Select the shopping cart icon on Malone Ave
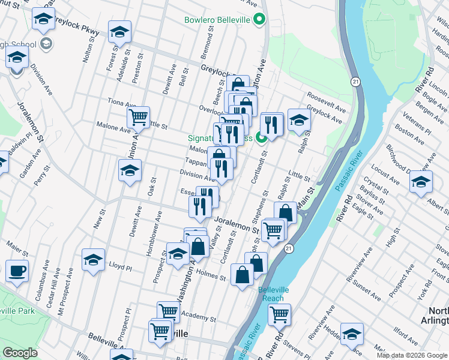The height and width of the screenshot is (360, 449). [139, 117]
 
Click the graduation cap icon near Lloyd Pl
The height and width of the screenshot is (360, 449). [93, 260]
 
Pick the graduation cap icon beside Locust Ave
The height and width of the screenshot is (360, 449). [421, 181]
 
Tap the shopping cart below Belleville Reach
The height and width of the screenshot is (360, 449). [279, 314]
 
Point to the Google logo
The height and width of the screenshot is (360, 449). [20, 353]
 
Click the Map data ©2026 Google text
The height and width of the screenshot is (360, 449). [412, 355]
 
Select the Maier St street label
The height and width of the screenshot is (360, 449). [17, 246]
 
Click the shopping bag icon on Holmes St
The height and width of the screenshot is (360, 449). [242, 275]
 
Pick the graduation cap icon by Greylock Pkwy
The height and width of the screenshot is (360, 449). [119, 32]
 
